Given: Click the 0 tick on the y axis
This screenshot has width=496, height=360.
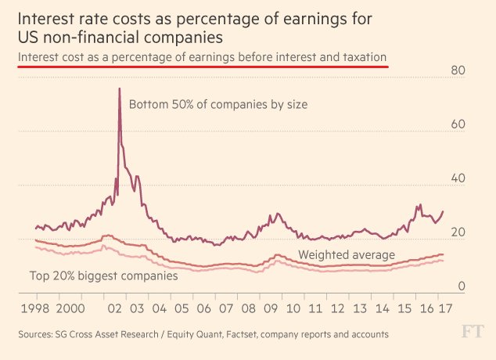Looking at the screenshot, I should coord(462,286).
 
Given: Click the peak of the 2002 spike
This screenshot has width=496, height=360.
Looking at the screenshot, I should coord(120,88).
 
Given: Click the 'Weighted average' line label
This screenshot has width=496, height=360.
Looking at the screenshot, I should coord(347,255).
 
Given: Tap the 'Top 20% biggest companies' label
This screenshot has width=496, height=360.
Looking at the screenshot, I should coord(103,275).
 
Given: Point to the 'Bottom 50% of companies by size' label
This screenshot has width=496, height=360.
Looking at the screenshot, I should coord(218,104).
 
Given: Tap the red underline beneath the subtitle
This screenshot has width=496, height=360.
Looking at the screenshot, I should coord(203,67).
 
